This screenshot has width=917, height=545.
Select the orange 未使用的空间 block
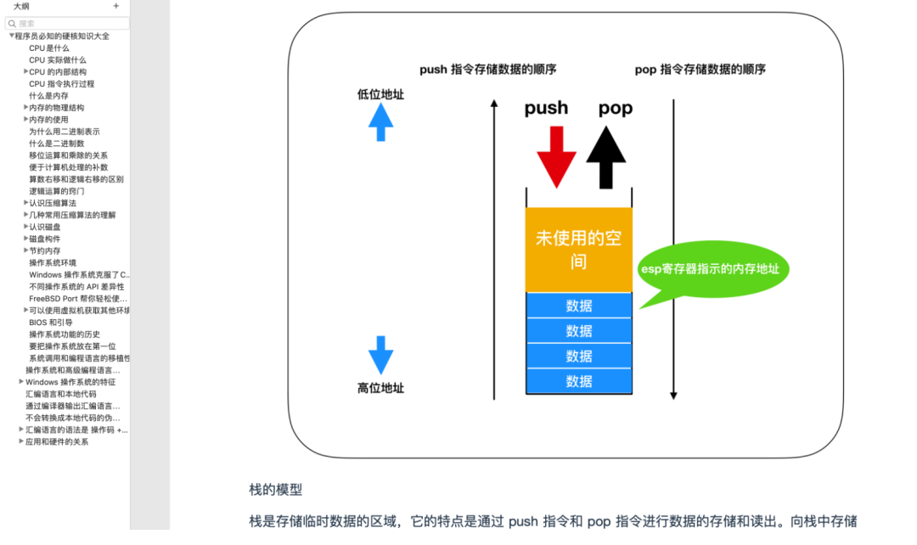[578, 250]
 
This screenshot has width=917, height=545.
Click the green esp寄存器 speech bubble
[713, 270]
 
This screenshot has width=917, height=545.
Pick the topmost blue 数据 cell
[579, 306]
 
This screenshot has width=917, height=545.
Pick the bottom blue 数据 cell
[579, 381]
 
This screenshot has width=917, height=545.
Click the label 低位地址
[380, 94]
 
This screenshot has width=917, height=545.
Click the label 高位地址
[380, 388]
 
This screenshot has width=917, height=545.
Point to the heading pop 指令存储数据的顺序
[700, 70]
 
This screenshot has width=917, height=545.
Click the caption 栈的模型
[275, 490]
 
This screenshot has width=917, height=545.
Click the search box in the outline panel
[68, 24]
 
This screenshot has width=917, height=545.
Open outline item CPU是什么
[49, 48]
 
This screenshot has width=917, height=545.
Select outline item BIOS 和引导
[51, 323]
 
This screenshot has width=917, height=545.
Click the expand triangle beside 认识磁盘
[25, 227]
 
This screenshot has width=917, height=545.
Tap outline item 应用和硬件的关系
[57, 441]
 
